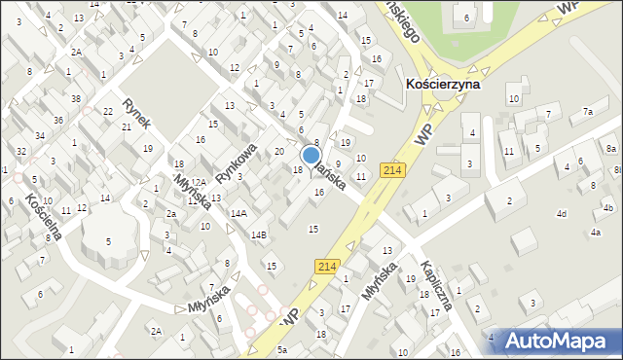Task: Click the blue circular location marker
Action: point(311,155)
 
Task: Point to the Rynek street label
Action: point(135,112)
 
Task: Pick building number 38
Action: point(75,98)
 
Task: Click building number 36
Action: point(58,120)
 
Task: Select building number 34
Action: point(40,135)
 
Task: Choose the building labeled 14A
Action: point(238,212)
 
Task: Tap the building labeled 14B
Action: point(258,234)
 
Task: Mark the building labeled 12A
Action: point(198,182)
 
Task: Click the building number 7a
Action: point(587,112)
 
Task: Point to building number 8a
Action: point(610,148)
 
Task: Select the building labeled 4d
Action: point(561,213)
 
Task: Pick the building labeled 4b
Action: point(607,208)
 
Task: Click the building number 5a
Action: point(282,349)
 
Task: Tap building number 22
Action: point(107,112)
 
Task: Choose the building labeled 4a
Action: point(595,233)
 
